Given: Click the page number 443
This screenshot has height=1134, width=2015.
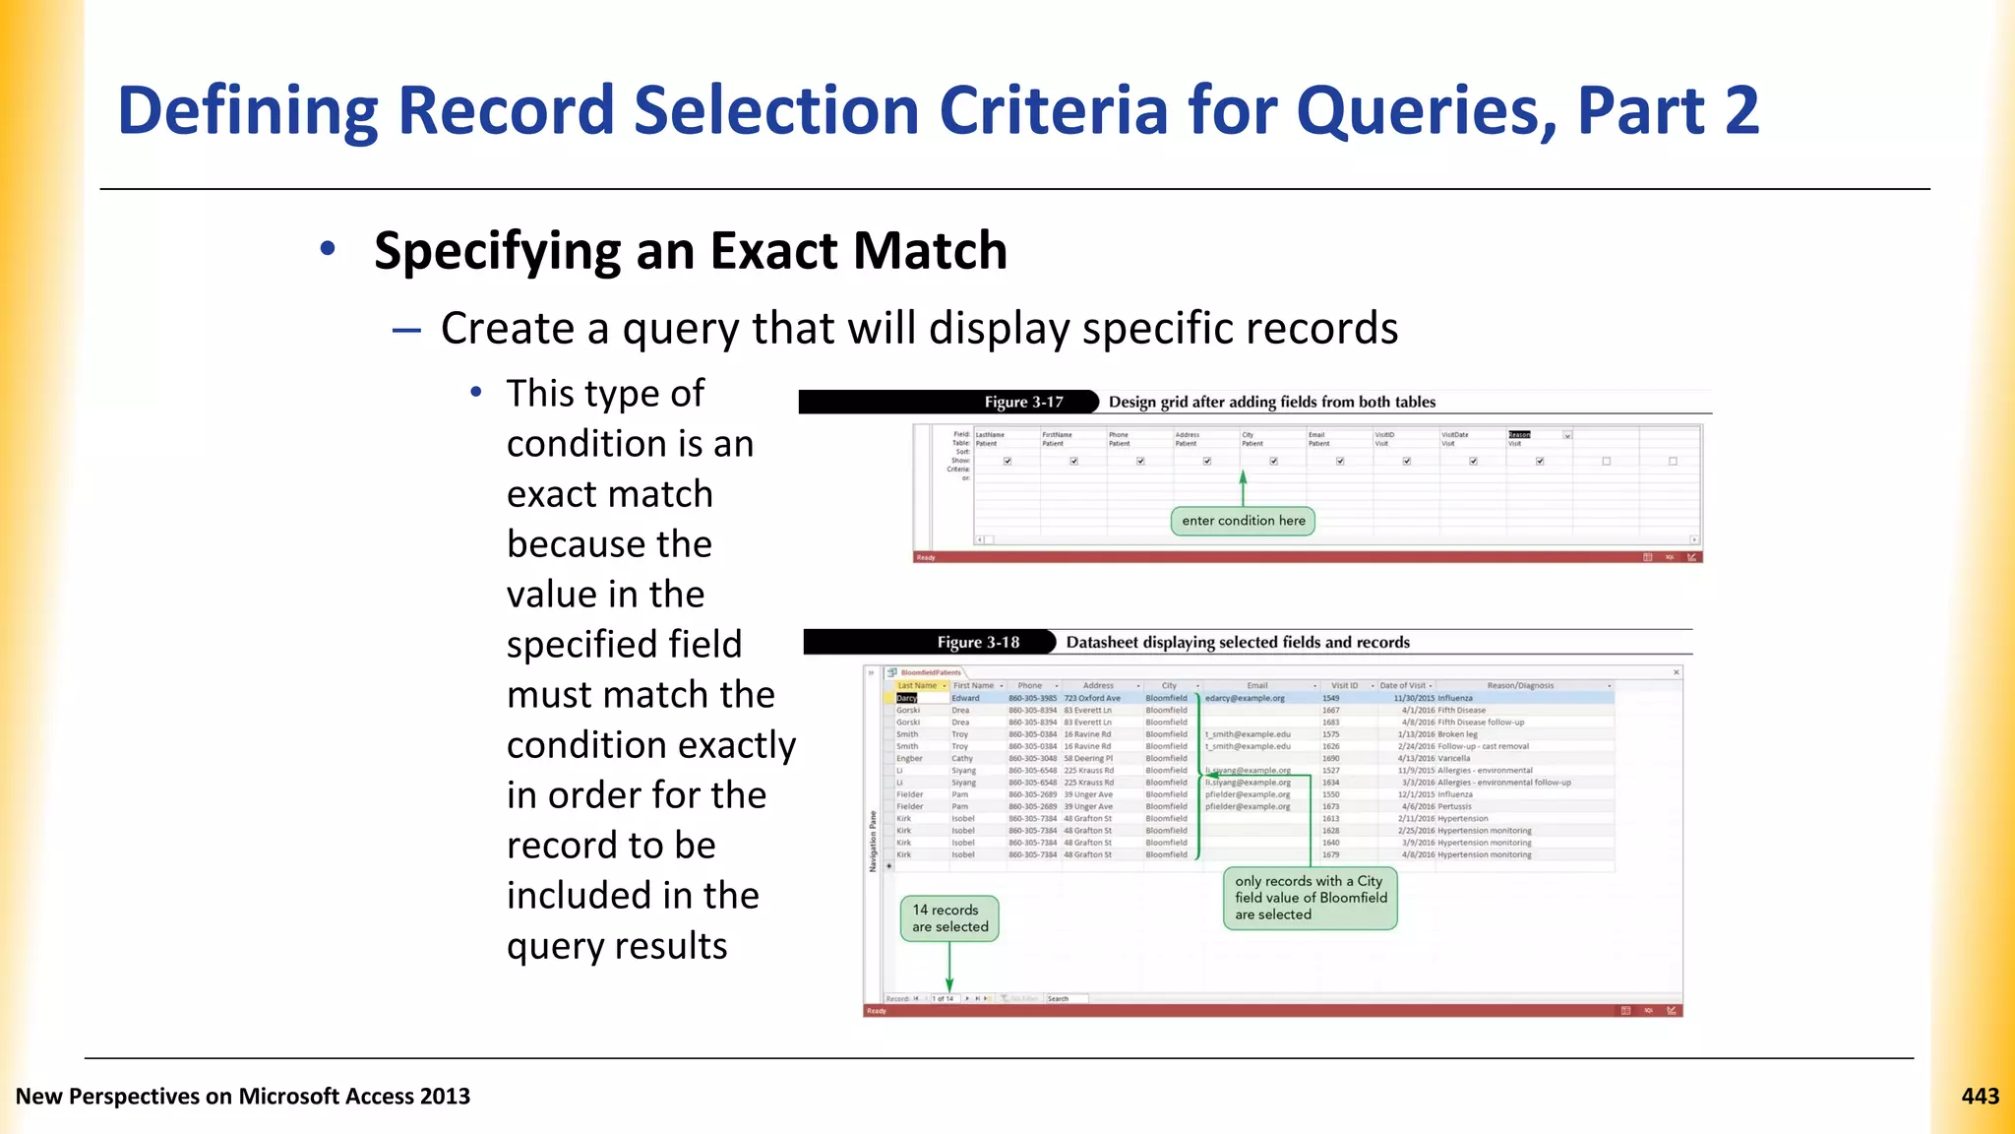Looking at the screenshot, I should pos(1980,1097).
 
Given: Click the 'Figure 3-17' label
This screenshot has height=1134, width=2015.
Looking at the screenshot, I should pos(1023,402).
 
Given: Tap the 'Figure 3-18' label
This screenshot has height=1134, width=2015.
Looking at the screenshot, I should pos(978,643).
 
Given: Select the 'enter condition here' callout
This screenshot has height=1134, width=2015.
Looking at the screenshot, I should pos(1243,521).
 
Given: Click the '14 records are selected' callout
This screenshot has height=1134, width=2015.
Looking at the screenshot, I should pos(949,918).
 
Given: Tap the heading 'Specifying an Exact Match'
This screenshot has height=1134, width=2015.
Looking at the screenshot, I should pos(691,250).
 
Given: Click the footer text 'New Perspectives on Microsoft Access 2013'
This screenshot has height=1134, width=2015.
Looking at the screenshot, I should pos(243,1097).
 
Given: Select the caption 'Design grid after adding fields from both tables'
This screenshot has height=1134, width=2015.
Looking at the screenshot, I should pos(1271,402).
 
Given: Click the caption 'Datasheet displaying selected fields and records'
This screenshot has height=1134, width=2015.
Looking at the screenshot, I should pos(1238,643).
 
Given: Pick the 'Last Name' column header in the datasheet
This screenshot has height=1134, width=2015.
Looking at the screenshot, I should pos(917,685).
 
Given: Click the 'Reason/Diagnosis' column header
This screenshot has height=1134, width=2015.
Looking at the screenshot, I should pos(1519,685).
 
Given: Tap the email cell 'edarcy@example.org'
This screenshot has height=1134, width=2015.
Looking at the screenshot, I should pos(1245,698).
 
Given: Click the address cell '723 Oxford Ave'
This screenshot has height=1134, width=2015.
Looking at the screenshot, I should pos(1092,698).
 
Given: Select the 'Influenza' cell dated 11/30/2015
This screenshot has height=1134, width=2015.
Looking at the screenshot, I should pos(1455,698).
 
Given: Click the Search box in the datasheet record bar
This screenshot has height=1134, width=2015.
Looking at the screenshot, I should pos(1066,998).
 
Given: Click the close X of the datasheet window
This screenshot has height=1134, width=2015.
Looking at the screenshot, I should pos(1677,672).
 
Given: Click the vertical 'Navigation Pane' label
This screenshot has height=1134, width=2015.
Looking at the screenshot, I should pos(872,842).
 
